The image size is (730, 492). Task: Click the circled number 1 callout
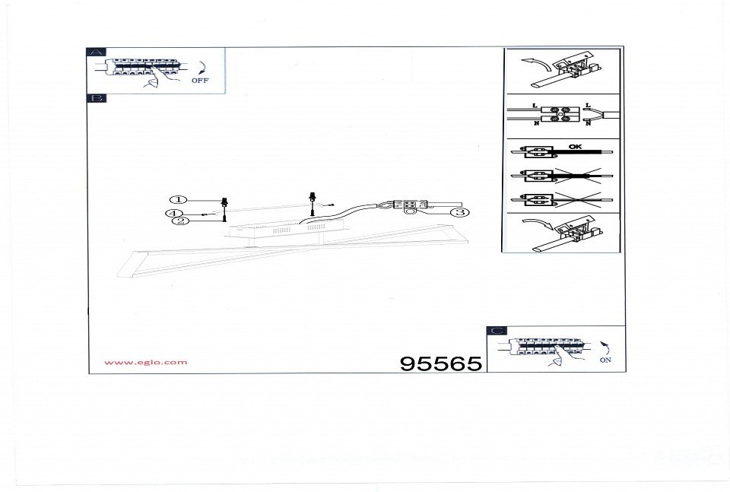pyautogui.click(x=178, y=200)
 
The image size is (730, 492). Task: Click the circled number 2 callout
pyautogui.click(x=181, y=221)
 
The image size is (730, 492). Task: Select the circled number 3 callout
pyautogui.click(x=460, y=212)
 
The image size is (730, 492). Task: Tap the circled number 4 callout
pyautogui.click(x=173, y=214)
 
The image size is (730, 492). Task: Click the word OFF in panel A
pyautogui.click(x=200, y=81)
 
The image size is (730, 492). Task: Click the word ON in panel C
pyautogui.click(x=605, y=360)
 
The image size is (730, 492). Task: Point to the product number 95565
pyautogui.click(x=441, y=363)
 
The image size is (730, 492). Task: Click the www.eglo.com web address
pyautogui.click(x=146, y=362)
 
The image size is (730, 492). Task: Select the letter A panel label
pyautogui.click(x=97, y=52)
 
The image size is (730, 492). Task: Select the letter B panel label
pyautogui.click(x=97, y=98)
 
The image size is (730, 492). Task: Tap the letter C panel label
pyautogui.click(x=497, y=331)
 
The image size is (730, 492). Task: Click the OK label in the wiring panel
pyautogui.click(x=575, y=147)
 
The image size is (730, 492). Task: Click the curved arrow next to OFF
pyautogui.click(x=202, y=68)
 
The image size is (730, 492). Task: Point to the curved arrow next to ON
pyautogui.click(x=606, y=348)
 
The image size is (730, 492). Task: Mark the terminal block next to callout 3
pyautogui.click(x=410, y=205)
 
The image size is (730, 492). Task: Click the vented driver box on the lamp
pyautogui.click(x=285, y=229)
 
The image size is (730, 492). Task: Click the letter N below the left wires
pyautogui.click(x=536, y=123)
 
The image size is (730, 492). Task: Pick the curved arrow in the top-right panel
pyautogui.click(x=535, y=62)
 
